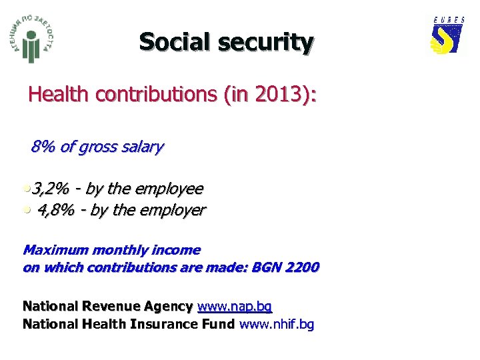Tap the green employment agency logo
pos(33,40)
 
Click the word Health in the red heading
pos(59,95)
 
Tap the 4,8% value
pos(56,211)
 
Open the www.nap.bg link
pos(235,307)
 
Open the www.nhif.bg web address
pos(277,325)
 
